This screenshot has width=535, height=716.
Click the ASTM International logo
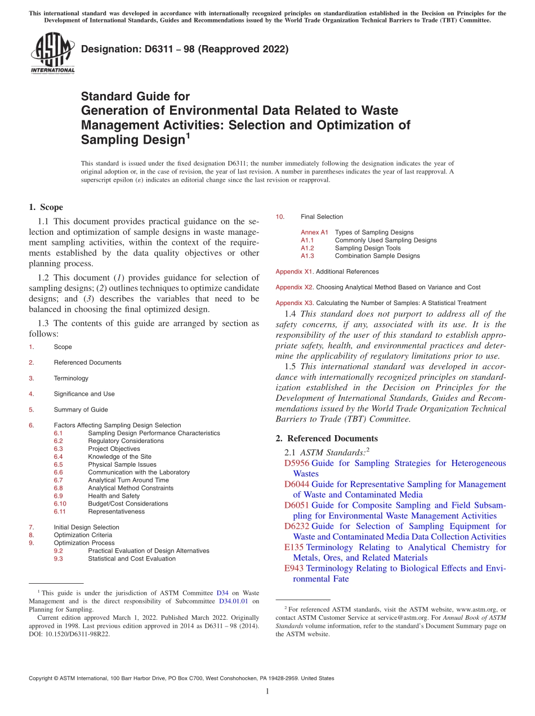click(x=52, y=53)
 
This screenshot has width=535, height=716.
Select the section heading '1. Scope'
click(x=46, y=207)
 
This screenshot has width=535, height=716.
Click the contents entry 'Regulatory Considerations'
click(x=126, y=441)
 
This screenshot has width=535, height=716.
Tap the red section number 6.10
click(x=60, y=504)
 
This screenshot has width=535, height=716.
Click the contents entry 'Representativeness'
click(x=116, y=512)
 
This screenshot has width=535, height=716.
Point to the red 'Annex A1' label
click(x=314, y=232)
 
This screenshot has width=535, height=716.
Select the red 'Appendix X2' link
click(x=294, y=287)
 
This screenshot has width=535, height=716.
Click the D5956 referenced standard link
click(x=297, y=463)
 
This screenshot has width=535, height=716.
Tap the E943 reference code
click(x=294, y=568)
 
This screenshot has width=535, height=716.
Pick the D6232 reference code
click(x=297, y=526)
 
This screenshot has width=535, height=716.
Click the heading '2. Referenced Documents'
click(x=327, y=438)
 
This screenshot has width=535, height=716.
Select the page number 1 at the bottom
click(x=267, y=692)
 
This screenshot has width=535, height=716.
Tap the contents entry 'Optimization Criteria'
click(x=83, y=535)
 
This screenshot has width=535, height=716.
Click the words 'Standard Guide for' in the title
click(x=135, y=96)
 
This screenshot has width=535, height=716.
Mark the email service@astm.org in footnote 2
click(x=402, y=617)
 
